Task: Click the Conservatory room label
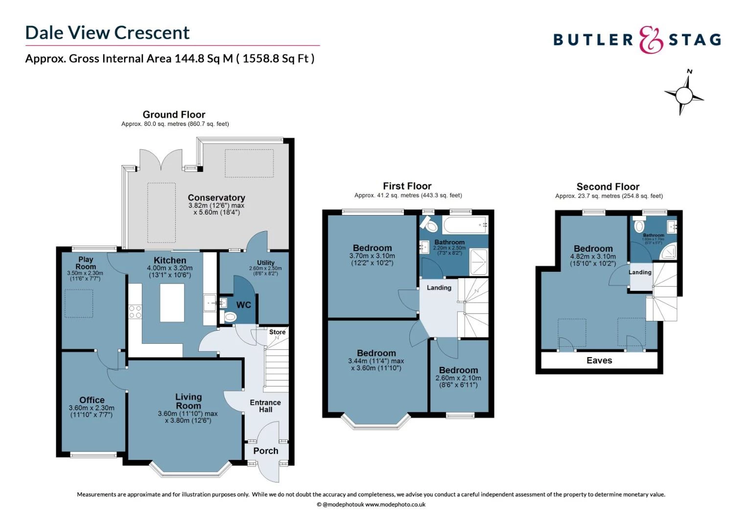216,198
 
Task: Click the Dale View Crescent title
107,33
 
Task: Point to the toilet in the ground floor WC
229,317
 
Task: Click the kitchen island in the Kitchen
172,302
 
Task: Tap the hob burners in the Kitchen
135,312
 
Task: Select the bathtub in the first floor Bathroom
465,225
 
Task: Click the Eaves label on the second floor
599,361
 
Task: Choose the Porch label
265,451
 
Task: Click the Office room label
92,400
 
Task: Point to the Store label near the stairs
277,332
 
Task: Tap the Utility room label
266,263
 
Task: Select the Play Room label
86,263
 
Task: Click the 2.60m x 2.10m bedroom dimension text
458,378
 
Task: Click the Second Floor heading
608,187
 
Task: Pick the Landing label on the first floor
439,288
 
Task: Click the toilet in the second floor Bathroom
639,226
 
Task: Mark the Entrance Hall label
265,406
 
